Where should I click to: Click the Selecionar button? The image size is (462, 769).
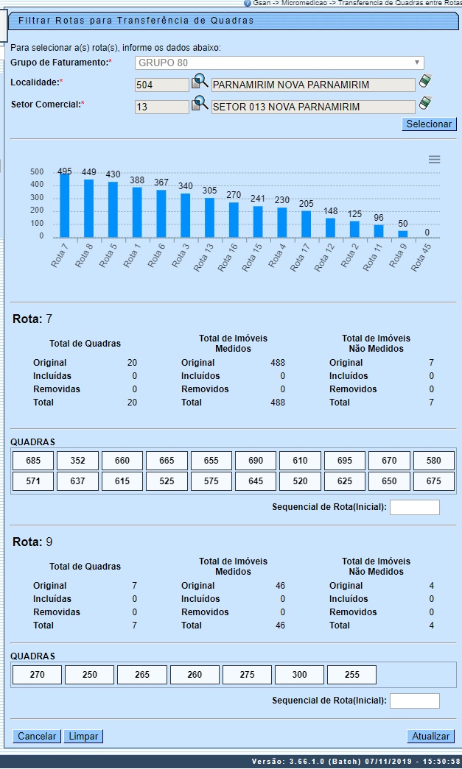click(x=430, y=124)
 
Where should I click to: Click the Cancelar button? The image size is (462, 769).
click(x=37, y=736)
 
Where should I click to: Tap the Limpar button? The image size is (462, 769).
click(x=83, y=736)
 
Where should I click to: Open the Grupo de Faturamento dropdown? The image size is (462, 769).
click(x=279, y=63)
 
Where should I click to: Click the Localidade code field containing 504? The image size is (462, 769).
click(x=161, y=85)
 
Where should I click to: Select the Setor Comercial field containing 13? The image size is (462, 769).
click(x=161, y=107)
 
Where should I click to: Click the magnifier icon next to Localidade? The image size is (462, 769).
click(x=200, y=82)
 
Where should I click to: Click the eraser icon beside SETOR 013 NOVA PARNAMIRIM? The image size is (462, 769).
click(x=425, y=104)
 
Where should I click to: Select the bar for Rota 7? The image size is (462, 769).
click(x=65, y=205)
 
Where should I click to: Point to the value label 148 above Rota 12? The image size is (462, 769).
click(x=330, y=212)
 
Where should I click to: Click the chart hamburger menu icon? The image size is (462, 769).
click(x=434, y=160)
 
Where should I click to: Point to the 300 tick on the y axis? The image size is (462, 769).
click(x=37, y=198)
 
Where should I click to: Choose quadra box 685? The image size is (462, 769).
click(x=33, y=461)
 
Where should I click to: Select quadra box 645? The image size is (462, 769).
click(x=255, y=481)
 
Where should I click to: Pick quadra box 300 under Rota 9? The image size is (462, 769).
click(x=299, y=675)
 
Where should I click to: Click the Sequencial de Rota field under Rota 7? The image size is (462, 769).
click(x=414, y=507)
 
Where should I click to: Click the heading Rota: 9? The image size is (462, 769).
click(x=32, y=542)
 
